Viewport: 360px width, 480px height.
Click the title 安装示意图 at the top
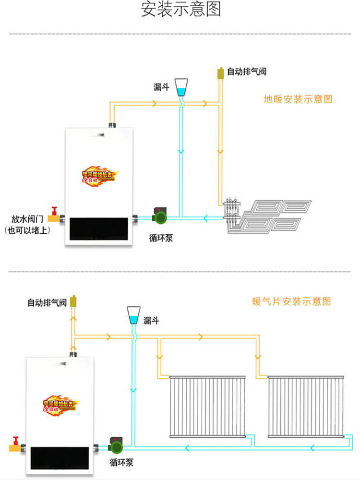[180, 10]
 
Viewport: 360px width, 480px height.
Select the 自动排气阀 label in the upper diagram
[246, 72]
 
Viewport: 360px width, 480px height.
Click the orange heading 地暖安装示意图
[298, 99]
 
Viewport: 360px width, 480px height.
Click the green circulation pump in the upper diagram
[159, 216]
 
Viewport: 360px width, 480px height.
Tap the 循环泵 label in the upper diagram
[161, 238]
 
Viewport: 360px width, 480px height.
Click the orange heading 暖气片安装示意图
[291, 302]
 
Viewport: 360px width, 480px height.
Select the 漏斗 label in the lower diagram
[151, 321]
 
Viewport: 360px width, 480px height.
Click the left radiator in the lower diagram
[208, 407]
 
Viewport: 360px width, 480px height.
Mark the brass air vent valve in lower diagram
[74, 302]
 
